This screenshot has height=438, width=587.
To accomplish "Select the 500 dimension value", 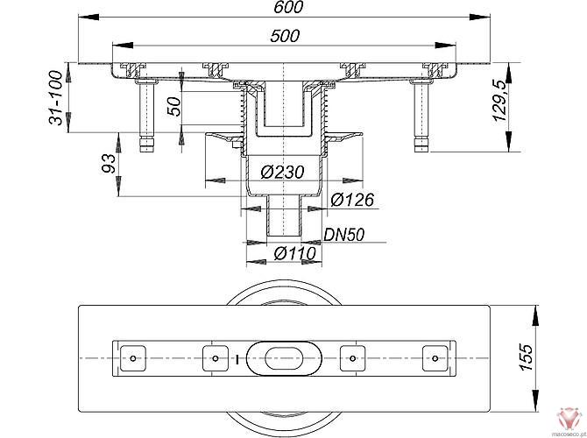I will [x=285, y=37].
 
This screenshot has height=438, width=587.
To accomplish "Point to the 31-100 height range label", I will [x=58, y=98].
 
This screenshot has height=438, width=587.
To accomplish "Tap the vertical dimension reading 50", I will [x=174, y=105].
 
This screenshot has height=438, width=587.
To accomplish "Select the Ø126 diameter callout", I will [x=353, y=201].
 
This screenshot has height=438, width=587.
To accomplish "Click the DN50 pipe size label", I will [x=344, y=235].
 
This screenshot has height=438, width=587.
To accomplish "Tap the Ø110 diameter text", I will [x=295, y=254].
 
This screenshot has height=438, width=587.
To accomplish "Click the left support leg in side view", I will [x=145, y=114].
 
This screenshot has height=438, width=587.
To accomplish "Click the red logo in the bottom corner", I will [x=569, y=416].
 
